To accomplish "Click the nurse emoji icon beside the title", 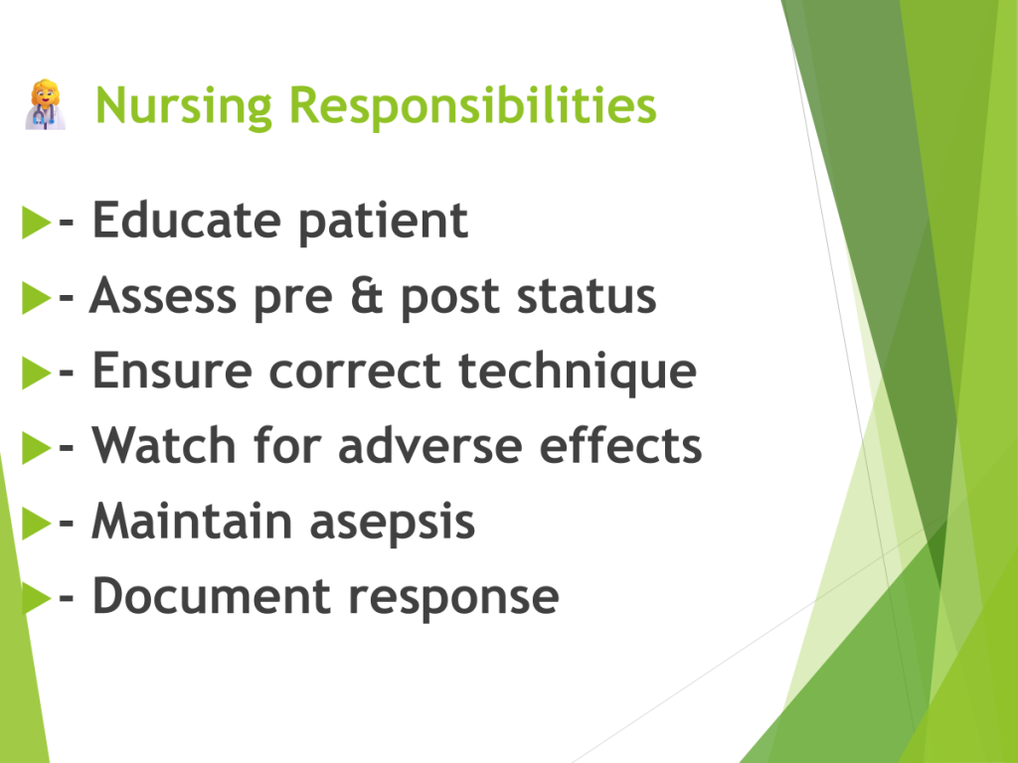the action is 46,105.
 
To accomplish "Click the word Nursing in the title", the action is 184,106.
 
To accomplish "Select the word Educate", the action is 187,220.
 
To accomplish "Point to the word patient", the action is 383,222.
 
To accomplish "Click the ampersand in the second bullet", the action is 366,296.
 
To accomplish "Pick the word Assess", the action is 163,296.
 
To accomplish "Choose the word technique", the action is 578,372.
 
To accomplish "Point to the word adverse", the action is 429,445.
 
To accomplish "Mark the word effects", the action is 620,445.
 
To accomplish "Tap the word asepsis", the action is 392,523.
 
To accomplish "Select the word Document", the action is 212,596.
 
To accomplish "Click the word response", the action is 453,599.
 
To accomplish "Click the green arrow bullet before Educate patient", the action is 37,222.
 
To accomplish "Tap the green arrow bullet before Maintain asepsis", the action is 37,523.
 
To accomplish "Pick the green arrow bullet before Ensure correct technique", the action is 37,373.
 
